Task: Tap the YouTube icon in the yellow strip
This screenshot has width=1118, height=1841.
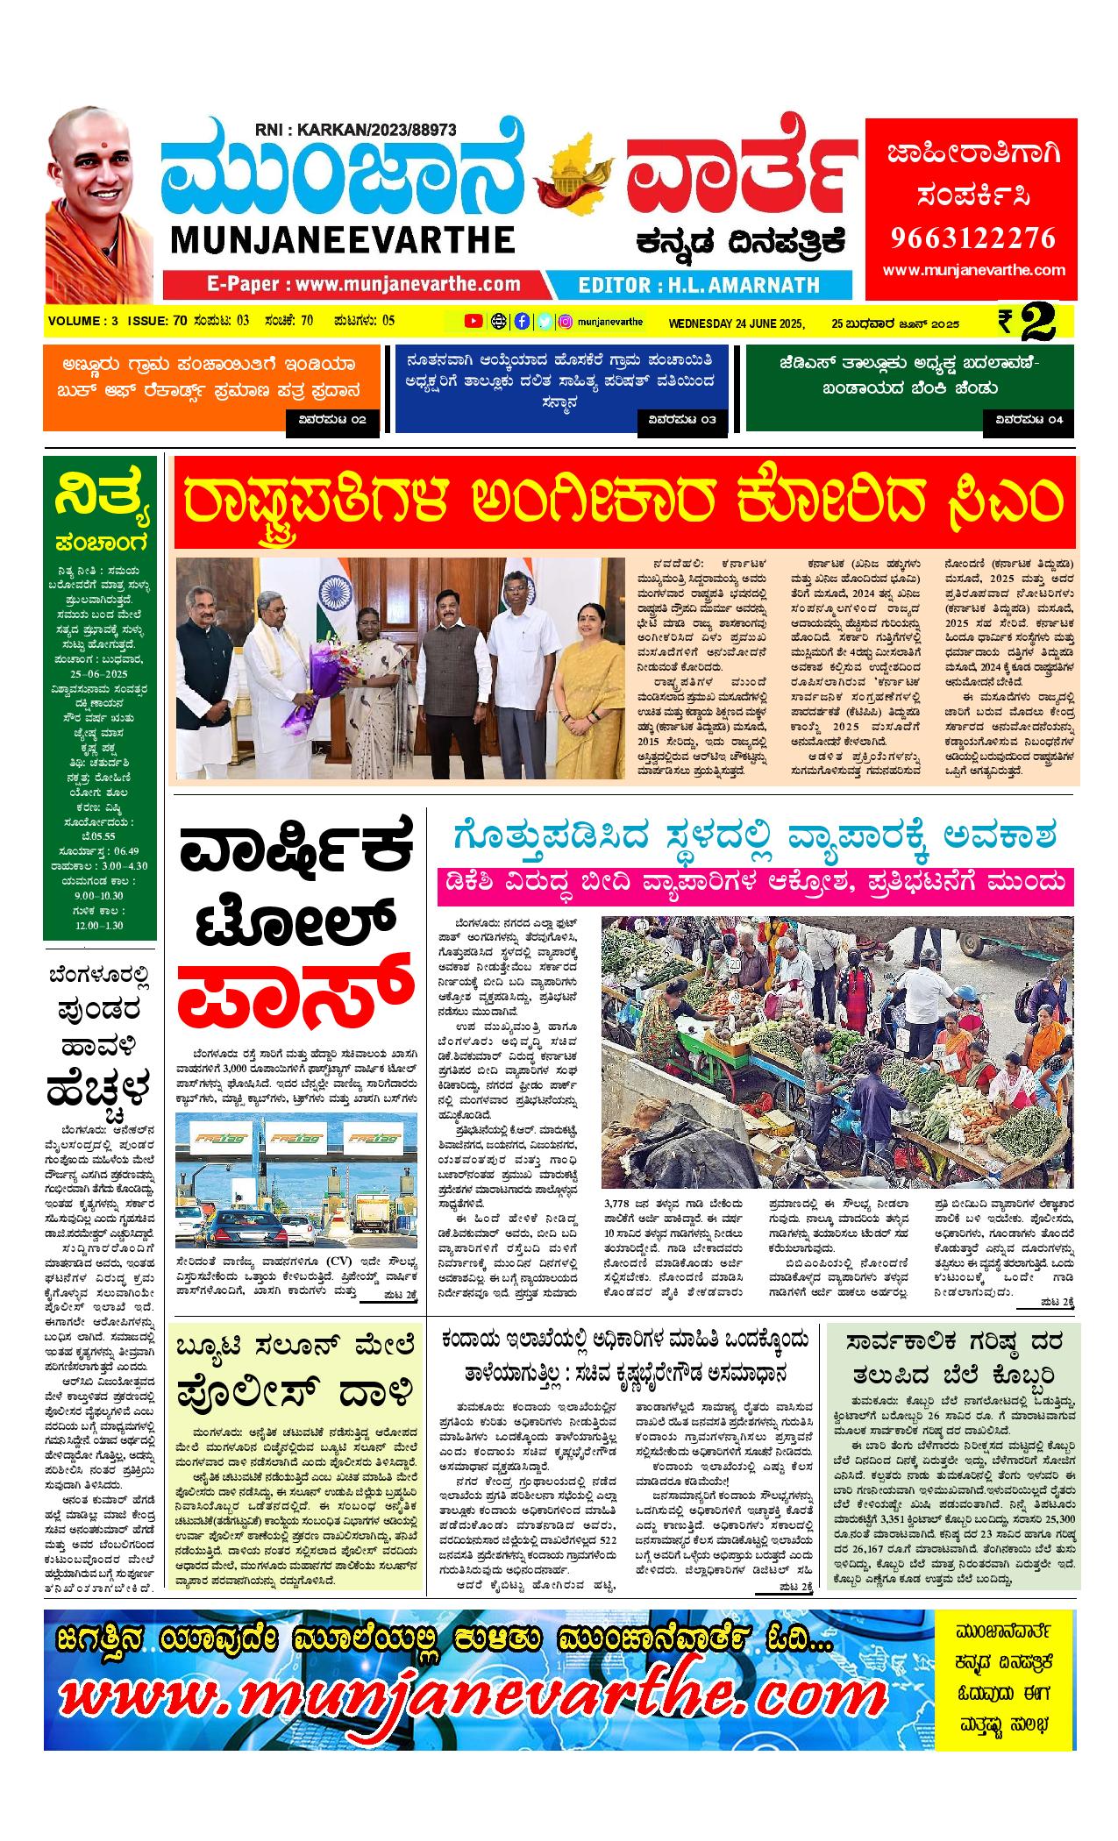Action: pos(473,321)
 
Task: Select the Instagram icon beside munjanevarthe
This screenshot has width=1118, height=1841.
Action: pos(566,321)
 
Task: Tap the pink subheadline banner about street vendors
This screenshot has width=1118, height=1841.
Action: pos(754,887)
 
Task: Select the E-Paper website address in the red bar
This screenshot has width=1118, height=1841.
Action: pos(363,284)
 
